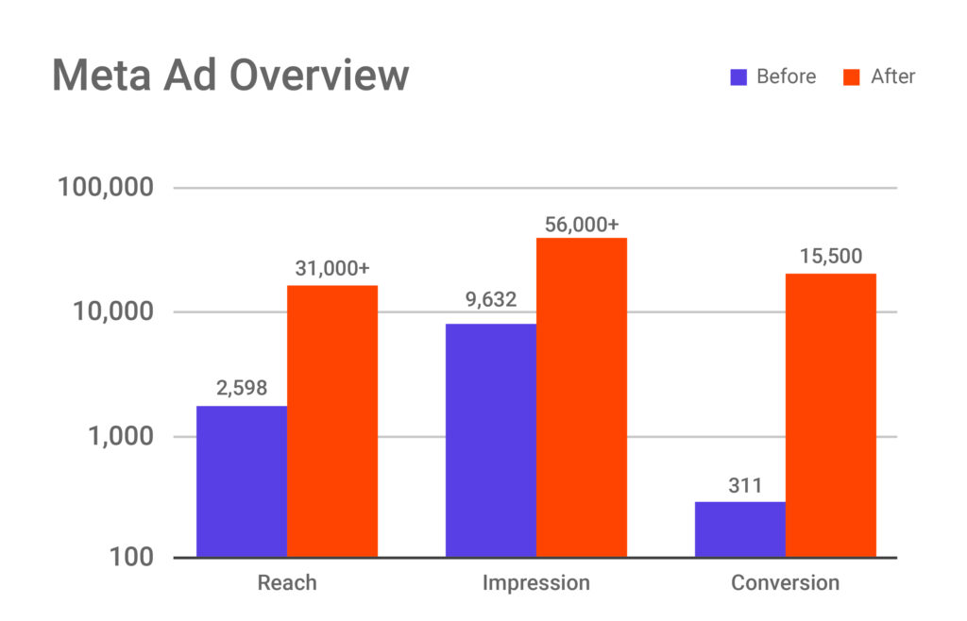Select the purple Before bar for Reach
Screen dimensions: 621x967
242,481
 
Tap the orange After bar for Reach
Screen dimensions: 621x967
332,421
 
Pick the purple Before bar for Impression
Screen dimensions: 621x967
491,441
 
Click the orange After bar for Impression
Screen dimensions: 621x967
582,397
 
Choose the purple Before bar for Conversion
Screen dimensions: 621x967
740,529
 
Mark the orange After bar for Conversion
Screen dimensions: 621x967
831,415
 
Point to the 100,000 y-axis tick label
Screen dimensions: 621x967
105,187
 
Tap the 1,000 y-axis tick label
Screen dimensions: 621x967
119,437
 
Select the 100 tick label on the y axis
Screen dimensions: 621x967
128,557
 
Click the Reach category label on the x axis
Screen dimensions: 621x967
287,582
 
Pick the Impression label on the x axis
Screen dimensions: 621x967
536,582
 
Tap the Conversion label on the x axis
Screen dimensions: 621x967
786,582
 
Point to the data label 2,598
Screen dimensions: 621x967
242,387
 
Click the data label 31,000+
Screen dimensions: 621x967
332,268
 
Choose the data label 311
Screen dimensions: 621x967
740,484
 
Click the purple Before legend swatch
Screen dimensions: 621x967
738,76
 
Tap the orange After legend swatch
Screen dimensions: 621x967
852,76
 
